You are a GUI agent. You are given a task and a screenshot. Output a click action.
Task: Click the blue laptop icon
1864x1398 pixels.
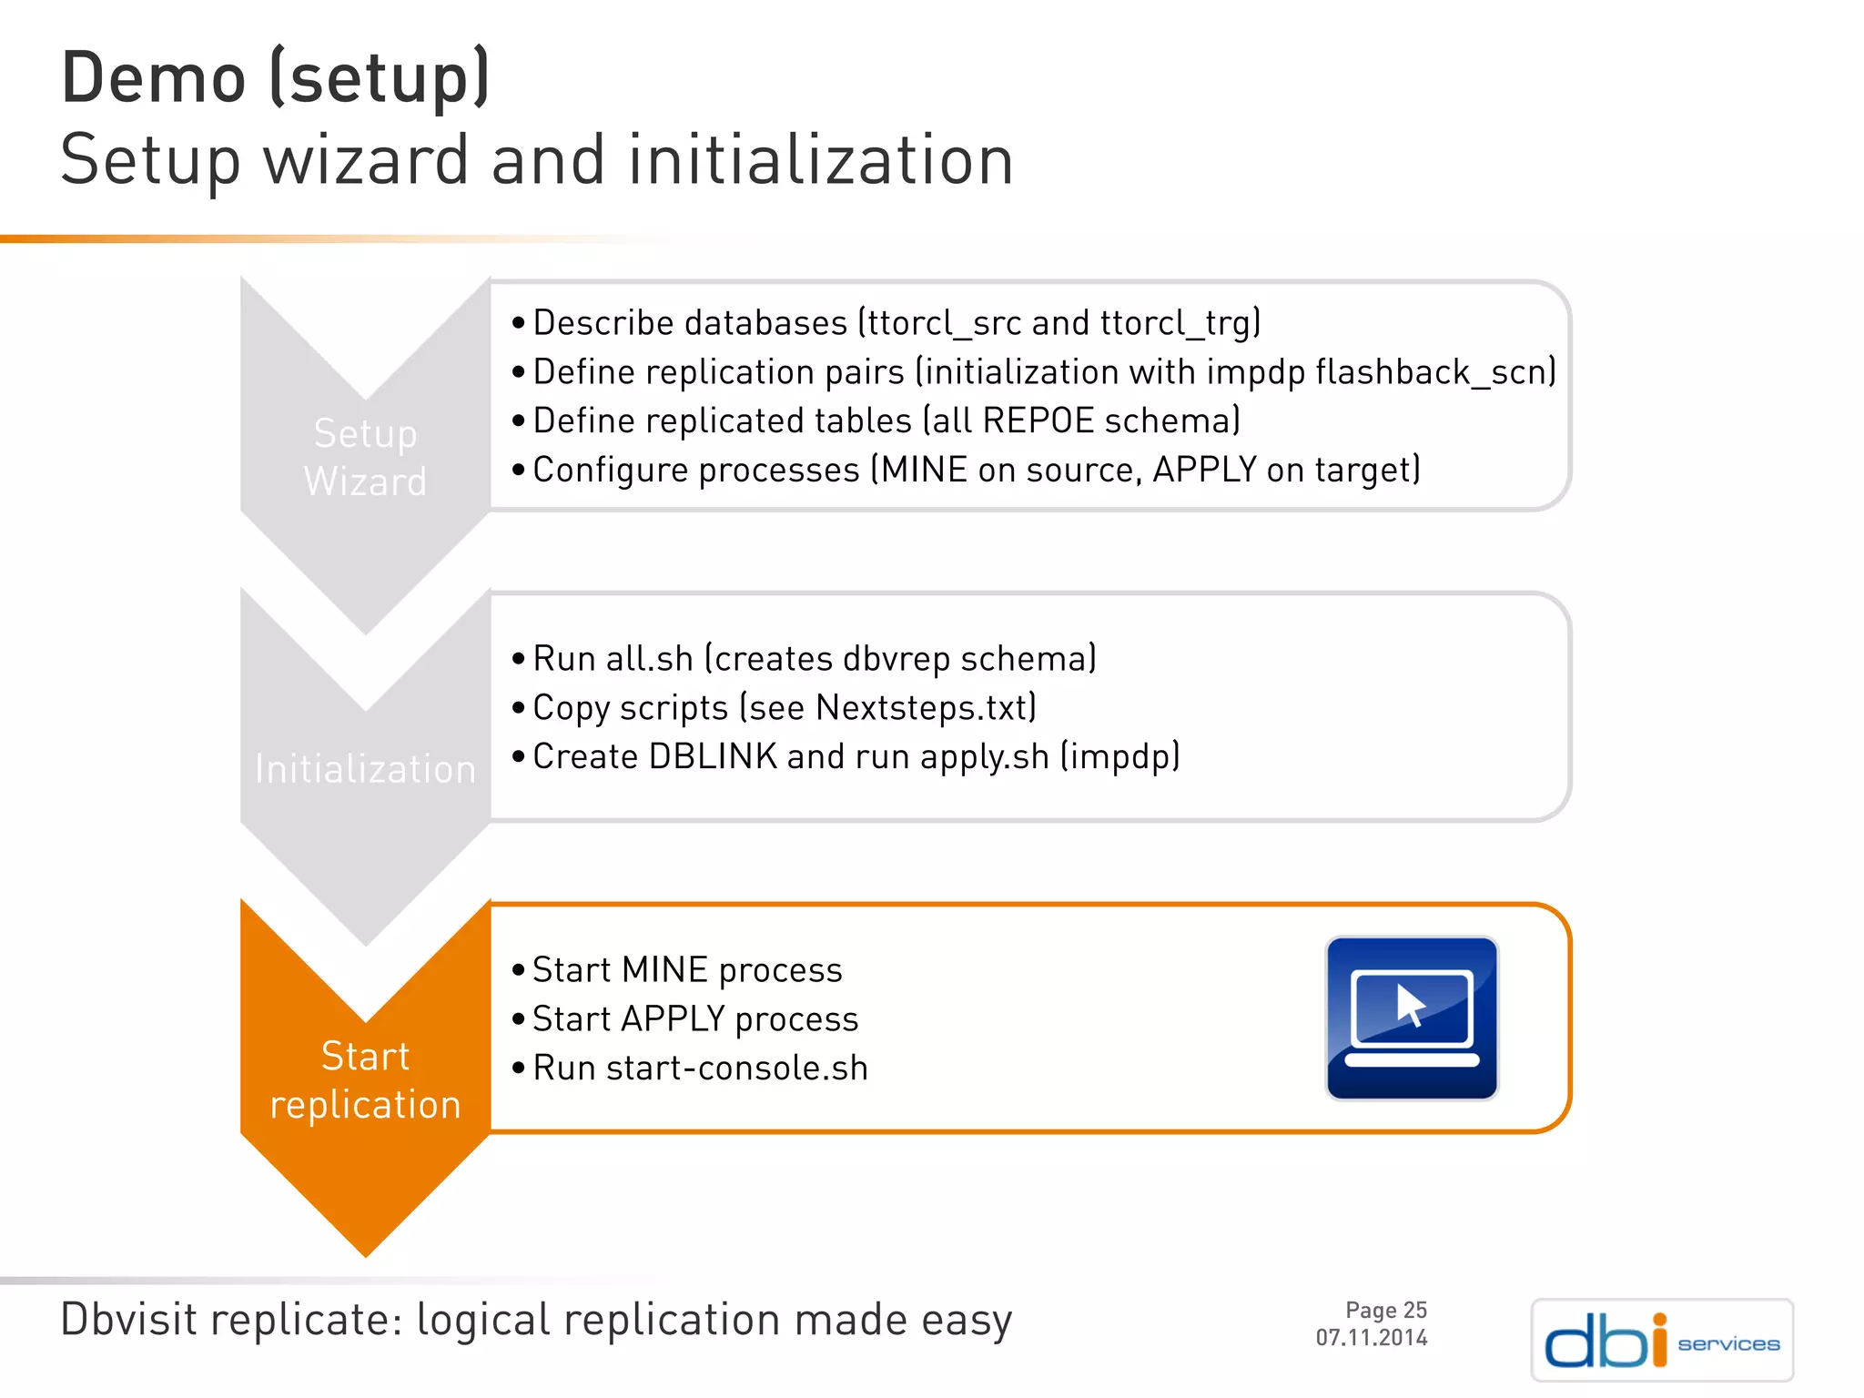(x=1411, y=1018)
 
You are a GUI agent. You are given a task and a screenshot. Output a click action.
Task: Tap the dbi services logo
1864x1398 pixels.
(x=1662, y=1340)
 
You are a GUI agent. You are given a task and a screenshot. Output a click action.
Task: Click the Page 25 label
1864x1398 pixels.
(x=1385, y=1310)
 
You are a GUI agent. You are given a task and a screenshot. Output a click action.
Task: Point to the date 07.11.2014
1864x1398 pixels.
(x=1371, y=1338)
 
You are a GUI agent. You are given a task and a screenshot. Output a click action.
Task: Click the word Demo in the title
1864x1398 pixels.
(x=154, y=79)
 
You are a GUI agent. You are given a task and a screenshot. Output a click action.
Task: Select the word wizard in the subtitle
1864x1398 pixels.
(x=366, y=161)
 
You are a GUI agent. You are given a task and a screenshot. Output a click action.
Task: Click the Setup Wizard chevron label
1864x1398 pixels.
(x=365, y=457)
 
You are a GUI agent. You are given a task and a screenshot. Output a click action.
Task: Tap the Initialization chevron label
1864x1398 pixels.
(x=365, y=769)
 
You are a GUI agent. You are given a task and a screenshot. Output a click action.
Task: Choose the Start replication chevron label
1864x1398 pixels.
(x=365, y=1080)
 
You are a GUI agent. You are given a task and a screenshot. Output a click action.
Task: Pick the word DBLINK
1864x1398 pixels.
(x=713, y=757)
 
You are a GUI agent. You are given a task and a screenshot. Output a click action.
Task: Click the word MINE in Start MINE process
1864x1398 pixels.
(x=664, y=970)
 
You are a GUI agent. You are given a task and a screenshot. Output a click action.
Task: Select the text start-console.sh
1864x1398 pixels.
(x=736, y=1069)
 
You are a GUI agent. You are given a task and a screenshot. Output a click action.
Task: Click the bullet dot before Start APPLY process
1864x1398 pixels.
(x=518, y=1019)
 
